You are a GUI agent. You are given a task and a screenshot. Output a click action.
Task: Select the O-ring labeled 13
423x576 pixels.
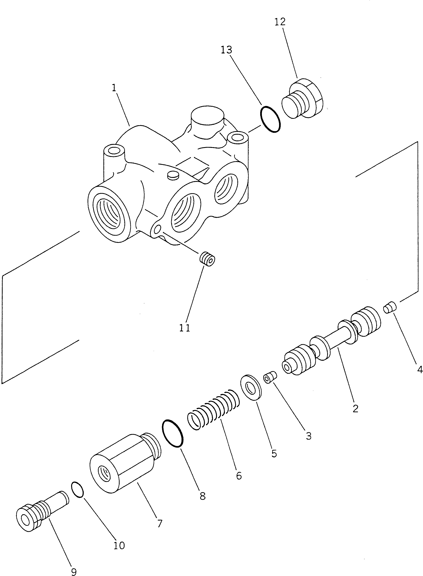coord(270,119)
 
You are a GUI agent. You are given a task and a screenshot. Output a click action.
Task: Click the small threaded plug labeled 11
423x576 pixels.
coord(207,259)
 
